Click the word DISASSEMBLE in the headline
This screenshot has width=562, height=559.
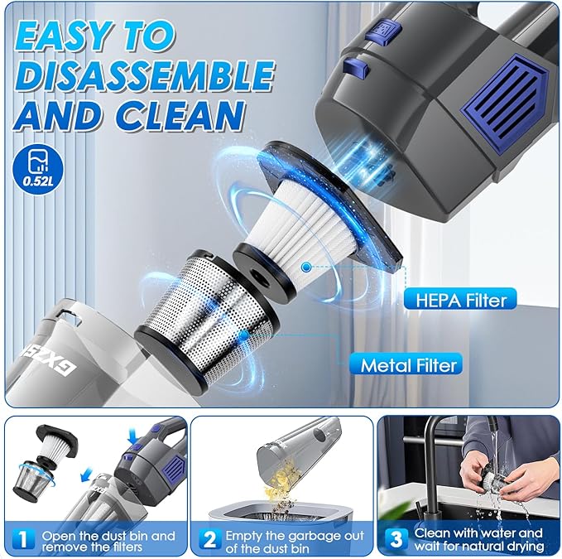pos(146,75)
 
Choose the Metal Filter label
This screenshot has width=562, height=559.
pos(408,363)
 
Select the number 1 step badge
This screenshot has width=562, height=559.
pos(25,540)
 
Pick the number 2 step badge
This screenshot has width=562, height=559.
pos(209,540)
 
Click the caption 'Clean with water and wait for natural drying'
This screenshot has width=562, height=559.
pos(478,540)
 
